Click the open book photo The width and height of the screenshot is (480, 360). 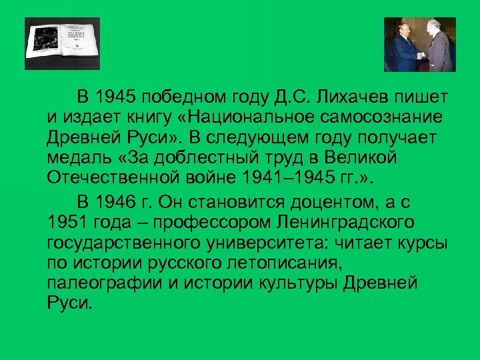[62, 43]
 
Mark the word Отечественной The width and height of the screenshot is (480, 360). [112, 178]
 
